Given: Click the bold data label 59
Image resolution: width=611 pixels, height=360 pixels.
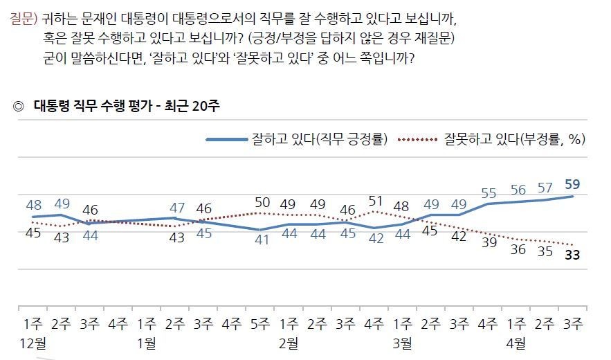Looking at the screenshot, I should (572, 185).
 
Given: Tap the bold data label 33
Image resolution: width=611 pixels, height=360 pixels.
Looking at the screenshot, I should (572, 254).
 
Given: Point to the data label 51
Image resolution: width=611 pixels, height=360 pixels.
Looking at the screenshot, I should (374, 201).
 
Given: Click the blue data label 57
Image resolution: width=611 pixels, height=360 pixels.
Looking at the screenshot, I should (545, 188).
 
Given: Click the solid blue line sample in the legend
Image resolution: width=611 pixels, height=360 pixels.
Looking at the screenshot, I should (226, 140).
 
